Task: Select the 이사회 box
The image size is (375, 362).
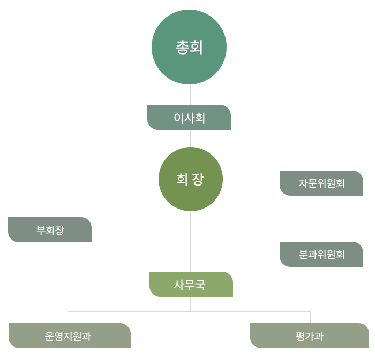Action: pos(189,118)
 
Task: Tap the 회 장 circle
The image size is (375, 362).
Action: pos(190,179)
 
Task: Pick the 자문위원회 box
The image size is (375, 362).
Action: pos(321,183)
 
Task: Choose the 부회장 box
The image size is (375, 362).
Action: pos(50,230)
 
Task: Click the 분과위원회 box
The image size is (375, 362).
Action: pos(321,255)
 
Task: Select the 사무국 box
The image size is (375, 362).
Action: pos(191,284)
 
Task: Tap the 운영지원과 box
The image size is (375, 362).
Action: pos(70,336)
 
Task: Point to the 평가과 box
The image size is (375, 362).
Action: pos(310,336)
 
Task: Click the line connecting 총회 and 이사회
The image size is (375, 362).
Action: pos(190,95)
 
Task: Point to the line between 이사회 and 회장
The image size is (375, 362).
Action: pos(190,138)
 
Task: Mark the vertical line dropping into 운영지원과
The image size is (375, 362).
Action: pos(69,317)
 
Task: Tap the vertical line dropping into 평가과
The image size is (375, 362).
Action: pos(310,317)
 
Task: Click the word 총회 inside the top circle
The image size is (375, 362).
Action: pos(189,48)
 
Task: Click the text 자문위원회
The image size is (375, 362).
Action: pos(321,183)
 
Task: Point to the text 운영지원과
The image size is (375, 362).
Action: pos(68,336)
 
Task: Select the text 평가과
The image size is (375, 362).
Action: pos(309,336)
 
